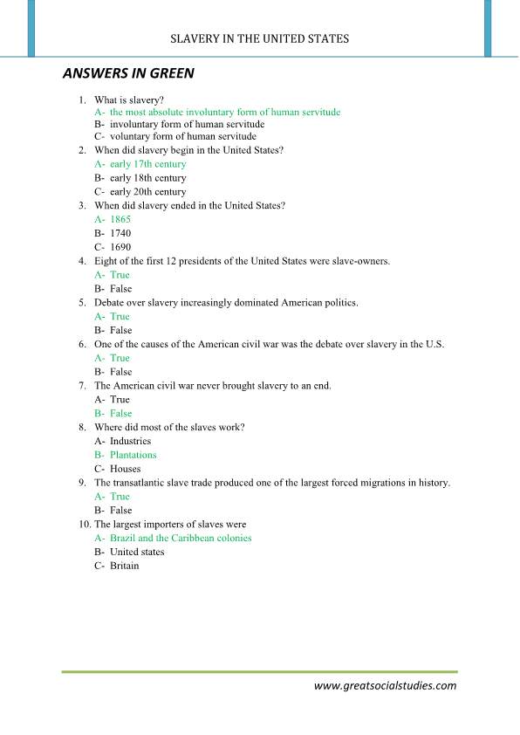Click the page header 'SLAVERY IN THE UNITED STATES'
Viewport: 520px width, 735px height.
click(x=260, y=38)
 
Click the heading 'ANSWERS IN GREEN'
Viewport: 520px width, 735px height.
click(x=128, y=74)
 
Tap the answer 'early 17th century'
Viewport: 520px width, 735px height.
click(x=147, y=164)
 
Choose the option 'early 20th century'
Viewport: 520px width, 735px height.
click(x=147, y=192)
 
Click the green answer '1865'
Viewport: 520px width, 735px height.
click(x=120, y=220)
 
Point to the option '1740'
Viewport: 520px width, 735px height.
click(x=120, y=234)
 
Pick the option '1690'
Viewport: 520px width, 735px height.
click(x=120, y=248)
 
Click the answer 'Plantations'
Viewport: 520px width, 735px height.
click(x=133, y=455)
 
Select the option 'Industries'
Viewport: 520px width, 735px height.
click(x=130, y=441)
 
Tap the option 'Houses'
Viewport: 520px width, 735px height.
click(x=125, y=469)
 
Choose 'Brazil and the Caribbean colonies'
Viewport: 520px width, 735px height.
click(x=181, y=538)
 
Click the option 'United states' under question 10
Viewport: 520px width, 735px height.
click(x=137, y=552)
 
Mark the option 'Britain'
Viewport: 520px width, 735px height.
click(x=124, y=566)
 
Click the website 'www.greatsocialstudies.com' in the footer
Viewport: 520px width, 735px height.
click(x=385, y=686)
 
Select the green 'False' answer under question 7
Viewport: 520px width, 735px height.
click(x=120, y=413)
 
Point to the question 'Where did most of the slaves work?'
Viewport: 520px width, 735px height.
click(x=169, y=427)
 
